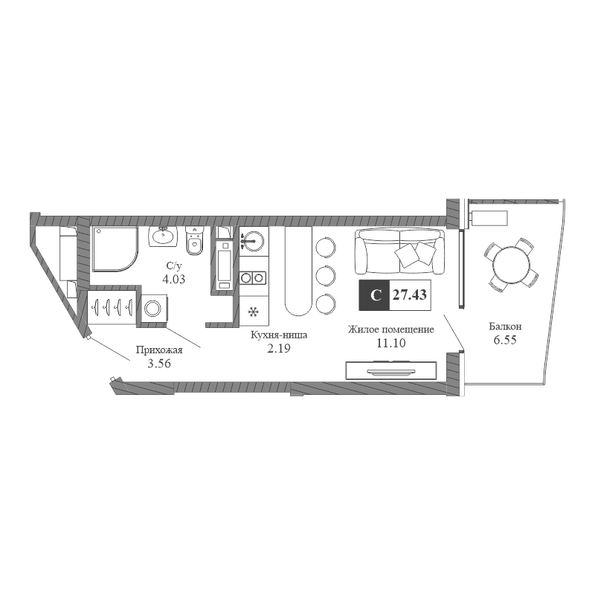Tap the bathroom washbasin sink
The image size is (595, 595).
pos(163,237)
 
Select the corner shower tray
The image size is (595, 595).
pos(115,249)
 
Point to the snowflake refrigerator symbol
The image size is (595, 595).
pos(253,312)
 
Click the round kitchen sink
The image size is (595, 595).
pos(253,240)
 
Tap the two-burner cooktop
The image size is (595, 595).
pos(253,278)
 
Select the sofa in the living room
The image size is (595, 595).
pos(399,251)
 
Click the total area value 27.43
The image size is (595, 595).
pos(410,295)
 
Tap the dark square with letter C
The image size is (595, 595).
pos(375,295)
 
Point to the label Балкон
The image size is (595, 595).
pos(505,327)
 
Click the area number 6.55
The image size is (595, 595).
pos(505,340)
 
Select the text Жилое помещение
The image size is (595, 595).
pos(391,329)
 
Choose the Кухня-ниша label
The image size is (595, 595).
pos(279,335)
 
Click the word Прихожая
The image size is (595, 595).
pos(159,350)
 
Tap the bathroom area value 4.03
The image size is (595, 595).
pos(174,280)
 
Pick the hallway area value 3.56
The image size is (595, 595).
pos(159,364)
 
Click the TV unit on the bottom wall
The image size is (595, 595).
pos(391,370)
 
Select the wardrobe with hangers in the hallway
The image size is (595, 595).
pos(112,307)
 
